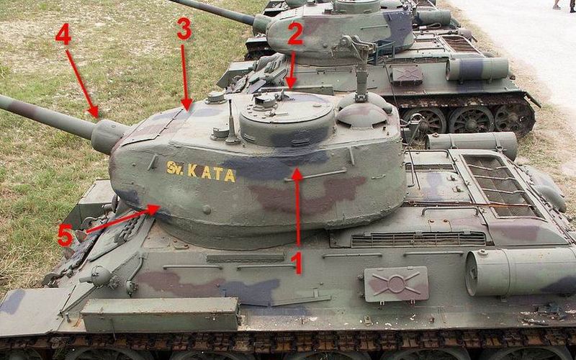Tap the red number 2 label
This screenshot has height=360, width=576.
tap(295, 33)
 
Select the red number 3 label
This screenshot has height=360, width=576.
tap(184, 29)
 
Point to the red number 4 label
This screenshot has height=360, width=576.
tap(63, 34)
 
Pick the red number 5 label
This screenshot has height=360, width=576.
tap(66, 235)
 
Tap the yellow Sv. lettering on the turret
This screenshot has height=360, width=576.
tap(175, 168)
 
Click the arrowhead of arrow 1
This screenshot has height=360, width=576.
tap(297, 174)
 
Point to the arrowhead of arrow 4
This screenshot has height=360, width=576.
tap(94, 112)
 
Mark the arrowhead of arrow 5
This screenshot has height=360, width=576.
tap(154, 210)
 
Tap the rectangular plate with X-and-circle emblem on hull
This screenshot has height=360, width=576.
tap(396, 284)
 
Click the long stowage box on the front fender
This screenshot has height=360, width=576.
tap(160, 313)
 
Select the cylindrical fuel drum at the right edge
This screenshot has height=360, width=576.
tap(520, 271)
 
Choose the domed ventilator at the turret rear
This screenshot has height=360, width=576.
tap(362, 115)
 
